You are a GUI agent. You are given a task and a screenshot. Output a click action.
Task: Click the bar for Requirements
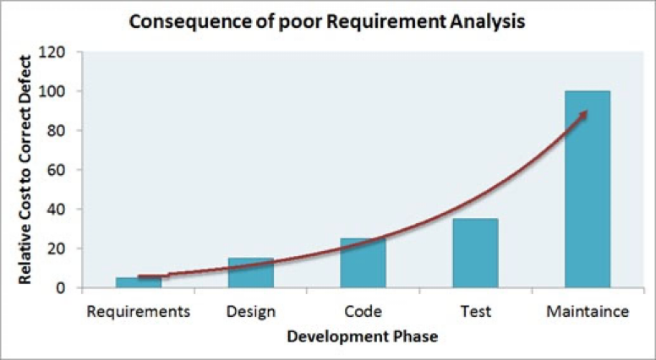tap(138, 282)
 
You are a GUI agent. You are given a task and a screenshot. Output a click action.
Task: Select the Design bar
tap(250, 273)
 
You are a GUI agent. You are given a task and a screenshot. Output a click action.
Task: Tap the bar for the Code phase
tap(363, 263)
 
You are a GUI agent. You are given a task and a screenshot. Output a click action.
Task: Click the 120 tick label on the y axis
tap(55, 52)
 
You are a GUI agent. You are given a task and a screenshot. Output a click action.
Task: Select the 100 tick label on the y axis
tap(55, 91)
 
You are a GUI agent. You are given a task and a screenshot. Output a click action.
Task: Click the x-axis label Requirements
tap(138, 311)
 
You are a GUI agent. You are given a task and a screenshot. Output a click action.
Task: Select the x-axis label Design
tap(251, 311)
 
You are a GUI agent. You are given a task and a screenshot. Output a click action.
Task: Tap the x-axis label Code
tap(364, 311)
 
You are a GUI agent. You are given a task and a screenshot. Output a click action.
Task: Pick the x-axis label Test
tap(476, 311)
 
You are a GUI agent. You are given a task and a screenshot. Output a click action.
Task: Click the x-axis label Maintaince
tap(588, 311)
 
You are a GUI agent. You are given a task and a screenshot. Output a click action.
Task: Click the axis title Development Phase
tap(363, 336)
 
